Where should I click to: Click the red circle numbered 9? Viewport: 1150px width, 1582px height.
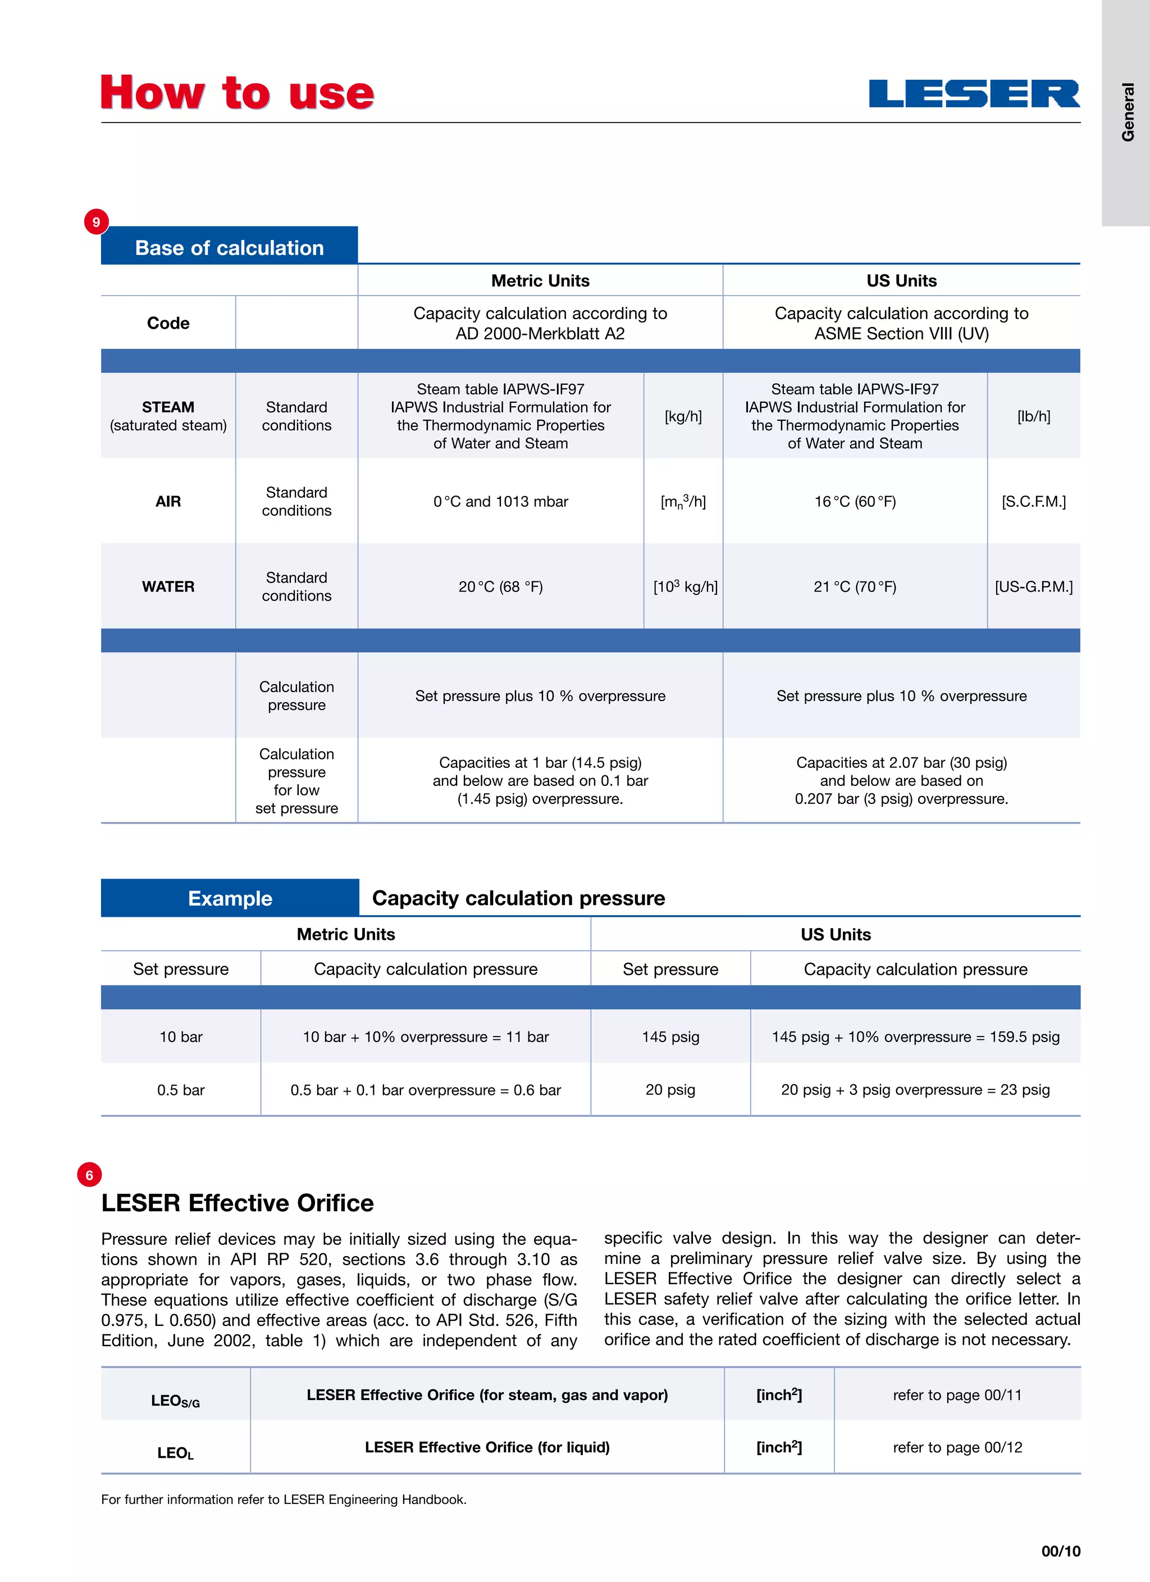click(96, 222)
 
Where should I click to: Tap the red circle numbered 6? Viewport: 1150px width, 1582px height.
click(89, 1175)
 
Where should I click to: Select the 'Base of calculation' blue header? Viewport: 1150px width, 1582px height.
click(230, 247)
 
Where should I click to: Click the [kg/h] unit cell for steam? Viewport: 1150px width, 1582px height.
click(683, 416)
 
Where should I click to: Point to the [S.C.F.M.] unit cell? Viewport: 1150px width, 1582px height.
click(1034, 502)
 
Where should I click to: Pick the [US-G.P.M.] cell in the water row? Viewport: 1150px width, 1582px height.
click(1034, 587)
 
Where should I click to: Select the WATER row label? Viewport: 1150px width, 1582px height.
click(168, 587)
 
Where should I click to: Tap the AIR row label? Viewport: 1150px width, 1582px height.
click(168, 502)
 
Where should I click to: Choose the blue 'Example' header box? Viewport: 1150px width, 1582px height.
click(230, 898)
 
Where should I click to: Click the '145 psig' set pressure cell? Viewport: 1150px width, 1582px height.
click(670, 1037)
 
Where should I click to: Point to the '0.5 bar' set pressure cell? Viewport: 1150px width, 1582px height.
click(181, 1089)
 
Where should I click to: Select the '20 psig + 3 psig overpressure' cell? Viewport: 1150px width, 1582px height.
click(915, 1089)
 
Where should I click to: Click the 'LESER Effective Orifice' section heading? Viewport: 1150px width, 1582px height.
click(237, 1203)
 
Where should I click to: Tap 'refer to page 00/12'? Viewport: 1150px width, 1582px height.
click(957, 1447)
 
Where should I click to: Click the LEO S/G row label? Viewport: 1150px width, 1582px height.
click(175, 1401)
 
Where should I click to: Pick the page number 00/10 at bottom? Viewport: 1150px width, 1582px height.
click(1060, 1551)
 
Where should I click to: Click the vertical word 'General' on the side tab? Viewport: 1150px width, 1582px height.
click(1128, 112)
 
